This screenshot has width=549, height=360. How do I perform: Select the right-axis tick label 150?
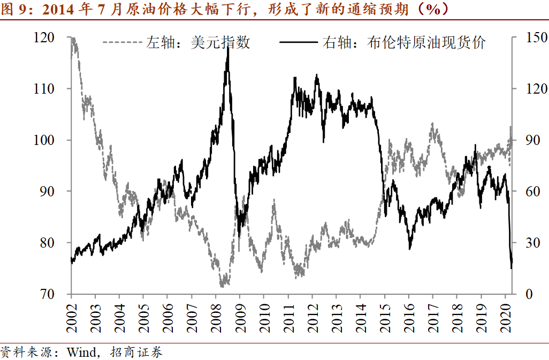coord(529,37)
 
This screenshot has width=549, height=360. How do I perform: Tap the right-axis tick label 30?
coord(525,243)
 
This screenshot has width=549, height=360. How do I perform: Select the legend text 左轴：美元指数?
coord(198,43)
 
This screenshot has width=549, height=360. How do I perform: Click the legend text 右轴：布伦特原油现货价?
coord(404,43)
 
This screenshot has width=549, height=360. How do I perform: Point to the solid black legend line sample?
coord(300,42)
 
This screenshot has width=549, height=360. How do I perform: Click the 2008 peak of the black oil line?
coord(228,47)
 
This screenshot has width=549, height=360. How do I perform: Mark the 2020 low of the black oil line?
coord(512,267)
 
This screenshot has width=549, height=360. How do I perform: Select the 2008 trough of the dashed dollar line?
coord(223,286)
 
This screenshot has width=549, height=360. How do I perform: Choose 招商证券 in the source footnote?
coord(136,353)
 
